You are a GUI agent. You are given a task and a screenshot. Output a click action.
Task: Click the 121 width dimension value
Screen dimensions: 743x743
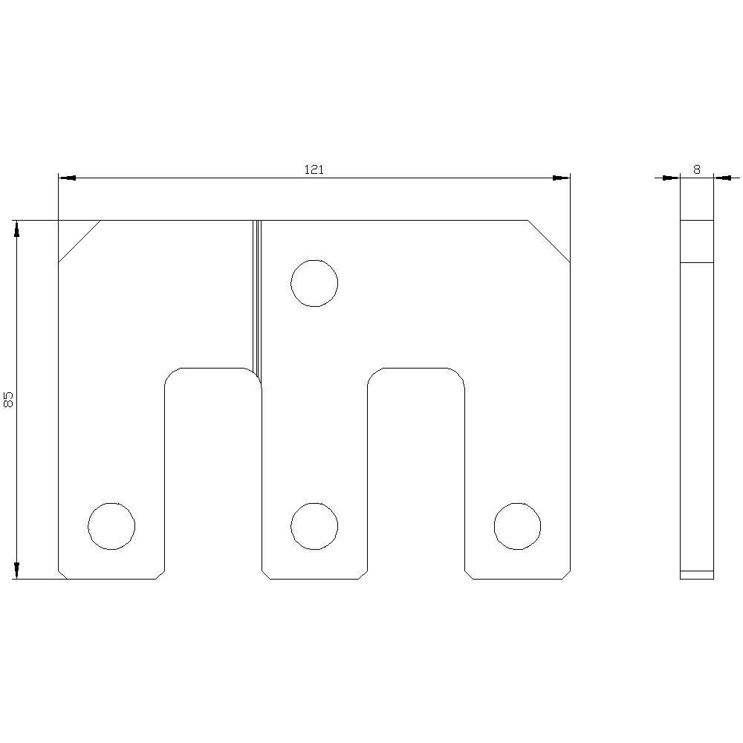[x=314, y=169]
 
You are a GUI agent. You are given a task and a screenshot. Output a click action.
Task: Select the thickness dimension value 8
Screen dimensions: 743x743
[x=696, y=169]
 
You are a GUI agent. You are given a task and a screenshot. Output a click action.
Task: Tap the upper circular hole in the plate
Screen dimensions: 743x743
[x=314, y=283]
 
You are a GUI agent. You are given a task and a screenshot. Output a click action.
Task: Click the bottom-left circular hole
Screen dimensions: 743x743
[x=111, y=526]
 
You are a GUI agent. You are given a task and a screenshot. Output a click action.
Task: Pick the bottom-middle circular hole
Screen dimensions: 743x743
[x=314, y=526]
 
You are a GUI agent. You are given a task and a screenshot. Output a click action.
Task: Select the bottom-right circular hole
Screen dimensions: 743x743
[x=517, y=526]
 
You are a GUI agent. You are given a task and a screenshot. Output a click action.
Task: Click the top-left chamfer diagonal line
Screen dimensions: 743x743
[x=80, y=241]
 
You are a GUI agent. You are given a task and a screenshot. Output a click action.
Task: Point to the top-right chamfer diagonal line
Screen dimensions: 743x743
[x=549, y=241]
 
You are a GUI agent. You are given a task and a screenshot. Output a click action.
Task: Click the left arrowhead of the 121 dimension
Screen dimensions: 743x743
[x=67, y=178]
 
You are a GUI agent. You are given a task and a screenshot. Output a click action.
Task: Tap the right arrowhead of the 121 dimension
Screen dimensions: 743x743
[x=561, y=178]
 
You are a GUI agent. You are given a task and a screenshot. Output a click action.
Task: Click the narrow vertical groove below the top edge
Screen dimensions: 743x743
[x=257, y=297]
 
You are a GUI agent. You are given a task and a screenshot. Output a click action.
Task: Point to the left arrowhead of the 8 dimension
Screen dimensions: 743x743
[x=672, y=178]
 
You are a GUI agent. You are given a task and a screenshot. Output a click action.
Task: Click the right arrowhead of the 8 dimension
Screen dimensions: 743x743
[x=721, y=178]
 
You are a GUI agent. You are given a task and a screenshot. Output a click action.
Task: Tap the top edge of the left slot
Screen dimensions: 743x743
[x=212, y=368]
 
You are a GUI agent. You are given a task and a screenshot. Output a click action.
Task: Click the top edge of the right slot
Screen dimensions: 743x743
[x=416, y=368]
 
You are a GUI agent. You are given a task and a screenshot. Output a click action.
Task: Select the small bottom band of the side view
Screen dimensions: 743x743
[x=697, y=574]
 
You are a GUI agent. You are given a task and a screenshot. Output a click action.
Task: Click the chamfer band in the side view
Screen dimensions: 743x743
[x=697, y=241]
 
